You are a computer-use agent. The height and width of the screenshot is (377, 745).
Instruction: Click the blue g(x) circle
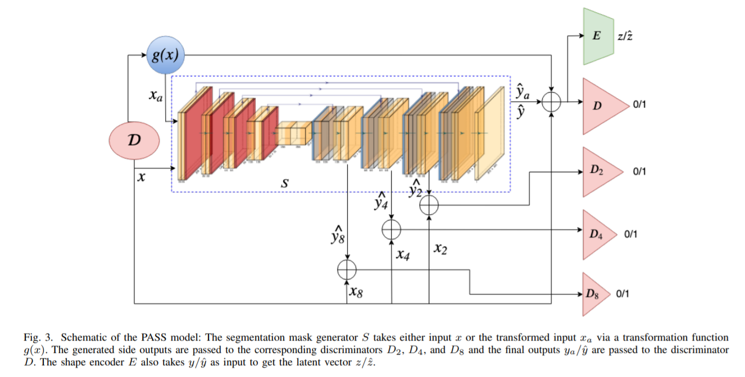click(165, 56)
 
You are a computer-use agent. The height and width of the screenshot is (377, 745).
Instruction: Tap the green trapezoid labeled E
click(597, 36)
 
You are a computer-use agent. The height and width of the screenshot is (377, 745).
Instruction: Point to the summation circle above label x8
click(347, 270)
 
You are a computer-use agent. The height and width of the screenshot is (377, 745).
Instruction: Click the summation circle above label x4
click(391, 229)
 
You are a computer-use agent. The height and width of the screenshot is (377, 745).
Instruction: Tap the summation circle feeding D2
click(429, 205)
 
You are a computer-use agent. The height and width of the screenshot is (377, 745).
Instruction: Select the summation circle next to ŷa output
click(553, 102)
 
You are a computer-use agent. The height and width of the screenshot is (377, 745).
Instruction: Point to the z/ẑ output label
click(626, 36)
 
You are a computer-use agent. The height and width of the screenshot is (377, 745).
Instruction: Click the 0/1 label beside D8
click(623, 293)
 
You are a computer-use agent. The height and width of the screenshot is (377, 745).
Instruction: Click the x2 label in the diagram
click(440, 249)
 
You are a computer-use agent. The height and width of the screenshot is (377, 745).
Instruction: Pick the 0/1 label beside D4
click(630, 234)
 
